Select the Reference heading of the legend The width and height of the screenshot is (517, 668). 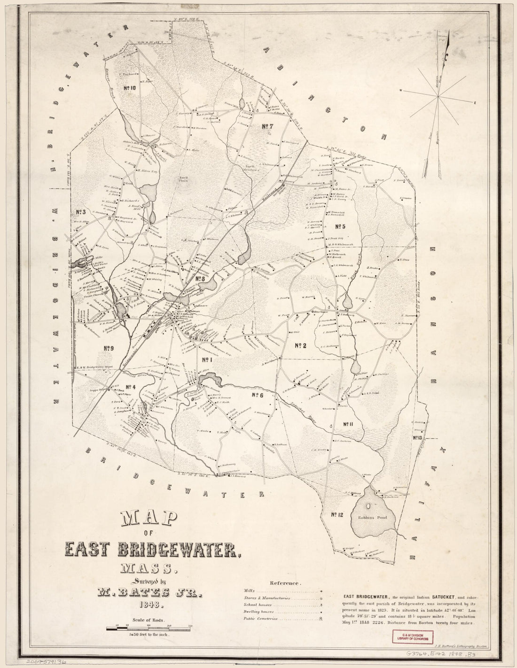click(285, 583)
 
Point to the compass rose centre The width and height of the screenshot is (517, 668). click(439, 97)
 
